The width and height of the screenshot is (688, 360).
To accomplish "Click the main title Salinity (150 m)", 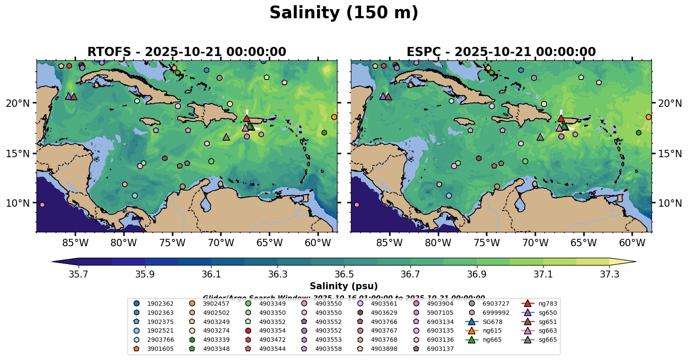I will (x=344, y=13).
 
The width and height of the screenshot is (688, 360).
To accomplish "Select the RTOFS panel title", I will (x=187, y=52).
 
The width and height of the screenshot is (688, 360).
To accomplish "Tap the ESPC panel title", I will (x=501, y=52).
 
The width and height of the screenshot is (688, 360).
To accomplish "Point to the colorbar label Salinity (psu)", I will (x=344, y=286).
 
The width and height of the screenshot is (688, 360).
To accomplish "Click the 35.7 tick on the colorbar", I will (x=79, y=274).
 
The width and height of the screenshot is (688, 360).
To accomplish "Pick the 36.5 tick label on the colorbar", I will (x=344, y=274).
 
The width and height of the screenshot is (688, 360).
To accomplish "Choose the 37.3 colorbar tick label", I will (x=609, y=274).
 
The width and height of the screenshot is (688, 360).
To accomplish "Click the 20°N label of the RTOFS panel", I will (x=18, y=103).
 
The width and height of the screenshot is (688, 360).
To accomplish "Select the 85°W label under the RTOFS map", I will (x=75, y=243).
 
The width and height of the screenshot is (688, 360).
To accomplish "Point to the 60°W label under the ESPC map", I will (x=632, y=243).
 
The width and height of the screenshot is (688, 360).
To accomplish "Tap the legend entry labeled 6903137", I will (x=440, y=349).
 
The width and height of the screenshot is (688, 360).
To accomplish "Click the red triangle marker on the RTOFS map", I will (x=247, y=118).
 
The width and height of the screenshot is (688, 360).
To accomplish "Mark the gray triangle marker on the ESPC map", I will (x=540, y=137).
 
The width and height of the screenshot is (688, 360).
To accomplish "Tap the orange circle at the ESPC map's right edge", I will (x=648, y=117).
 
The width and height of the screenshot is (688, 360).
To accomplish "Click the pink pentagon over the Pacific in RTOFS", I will (x=42, y=205).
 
